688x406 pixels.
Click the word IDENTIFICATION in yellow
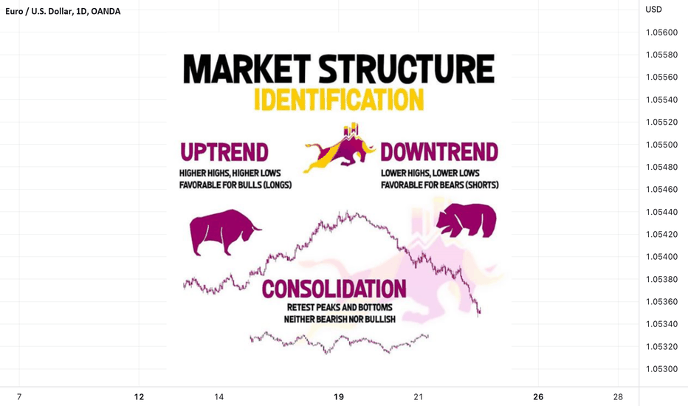pos(339,100)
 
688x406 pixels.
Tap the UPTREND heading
pos(224,152)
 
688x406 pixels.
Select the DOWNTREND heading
pos(439,152)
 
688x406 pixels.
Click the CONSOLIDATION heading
pos(334,289)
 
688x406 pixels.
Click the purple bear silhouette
pos(467,220)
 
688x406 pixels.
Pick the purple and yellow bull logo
pos(340,148)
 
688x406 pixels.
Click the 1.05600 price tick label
pos(661,32)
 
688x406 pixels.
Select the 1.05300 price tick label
pos(661,369)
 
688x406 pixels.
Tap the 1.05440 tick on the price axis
pos(661,212)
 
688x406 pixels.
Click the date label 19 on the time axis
pos(339,397)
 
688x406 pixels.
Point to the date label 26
pos(538,397)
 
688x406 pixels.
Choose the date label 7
pos(19,397)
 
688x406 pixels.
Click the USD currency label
pos(653,9)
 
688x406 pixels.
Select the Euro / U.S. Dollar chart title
pos(63,11)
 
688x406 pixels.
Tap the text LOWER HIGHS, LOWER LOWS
pos(430,173)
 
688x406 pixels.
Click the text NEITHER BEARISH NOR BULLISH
pos(340,319)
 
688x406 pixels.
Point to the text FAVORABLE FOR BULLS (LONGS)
pos(235,185)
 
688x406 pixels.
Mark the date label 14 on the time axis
pos(219,397)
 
